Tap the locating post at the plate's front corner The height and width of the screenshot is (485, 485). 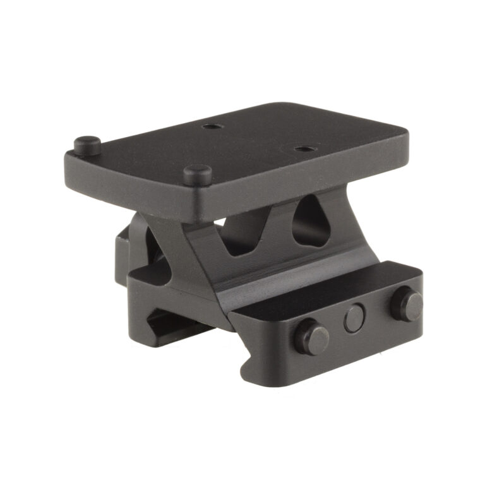click(x=197, y=174)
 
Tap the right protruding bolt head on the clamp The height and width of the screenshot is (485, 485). click(x=406, y=304)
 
